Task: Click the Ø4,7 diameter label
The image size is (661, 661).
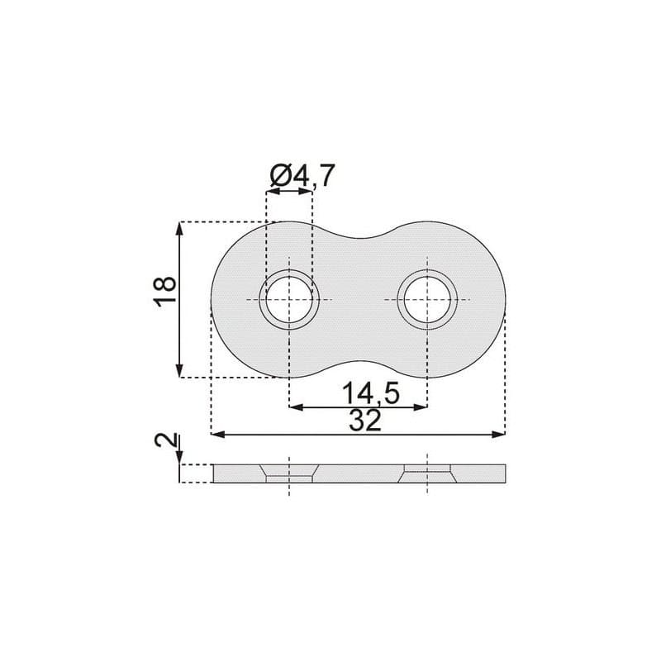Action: point(302,175)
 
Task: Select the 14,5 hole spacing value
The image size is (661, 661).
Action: point(370,393)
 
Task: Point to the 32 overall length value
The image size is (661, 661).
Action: point(365,421)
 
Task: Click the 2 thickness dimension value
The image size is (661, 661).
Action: point(165,440)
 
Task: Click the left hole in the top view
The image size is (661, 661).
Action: point(289,300)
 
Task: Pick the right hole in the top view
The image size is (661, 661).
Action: point(427,300)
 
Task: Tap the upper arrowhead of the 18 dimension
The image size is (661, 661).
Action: point(180,229)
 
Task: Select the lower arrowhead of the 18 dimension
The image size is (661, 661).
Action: point(180,370)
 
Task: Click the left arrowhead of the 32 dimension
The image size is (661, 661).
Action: point(217,435)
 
